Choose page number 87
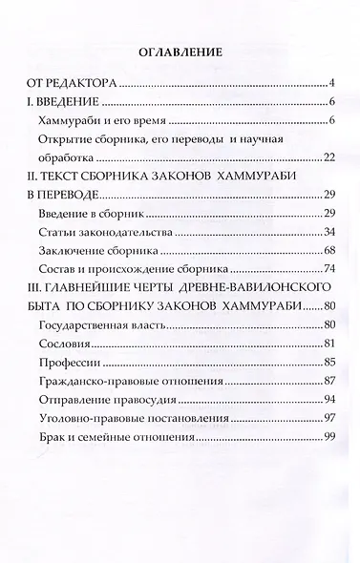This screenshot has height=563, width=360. coord(325,381)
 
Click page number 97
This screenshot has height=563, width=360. coord(325,417)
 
